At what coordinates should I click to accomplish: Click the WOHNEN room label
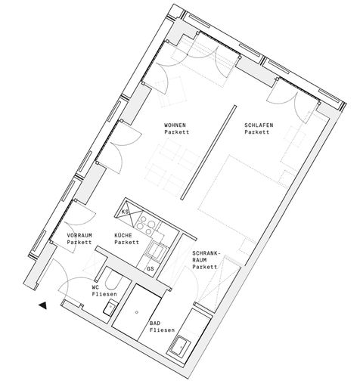pyautogui.click(x=175, y=125)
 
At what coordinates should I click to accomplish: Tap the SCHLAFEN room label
pyautogui.click(x=259, y=125)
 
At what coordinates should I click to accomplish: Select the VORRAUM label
pyautogui.click(x=79, y=236)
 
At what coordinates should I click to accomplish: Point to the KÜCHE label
pyautogui.click(x=123, y=236)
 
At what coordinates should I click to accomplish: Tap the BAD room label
pyautogui.click(x=155, y=324)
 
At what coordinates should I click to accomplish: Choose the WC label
pyautogui.click(x=95, y=287)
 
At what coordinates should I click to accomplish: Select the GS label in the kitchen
pyautogui.click(x=151, y=269)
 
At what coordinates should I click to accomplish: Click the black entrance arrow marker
pyautogui.click(x=43, y=305)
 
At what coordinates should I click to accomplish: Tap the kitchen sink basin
pyautogui.click(x=157, y=250)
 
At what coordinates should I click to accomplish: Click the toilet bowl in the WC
pyautogui.click(x=113, y=280)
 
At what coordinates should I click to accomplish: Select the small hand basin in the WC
pyautogui.click(x=110, y=307)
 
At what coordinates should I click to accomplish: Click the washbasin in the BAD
pyautogui.click(x=180, y=347)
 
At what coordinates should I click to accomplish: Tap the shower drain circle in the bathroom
pyautogui.click(x=137, y=312)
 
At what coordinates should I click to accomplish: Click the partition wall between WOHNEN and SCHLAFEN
pyautogui.click(x=209, y=153)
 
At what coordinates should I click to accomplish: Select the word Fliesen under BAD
pyautogui.click(x=162, y=330)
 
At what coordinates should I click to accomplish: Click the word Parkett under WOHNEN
pyautogui.click(x=177, y=132)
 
